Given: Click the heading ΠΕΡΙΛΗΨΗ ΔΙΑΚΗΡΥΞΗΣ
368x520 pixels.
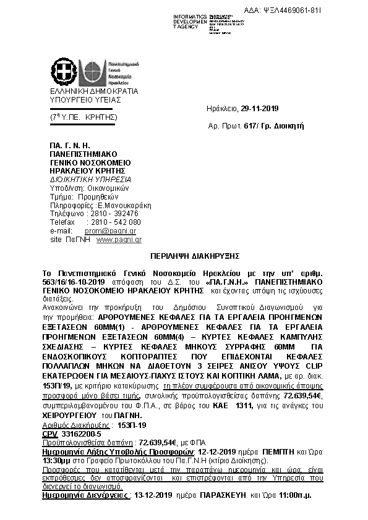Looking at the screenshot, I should (186, 254).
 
